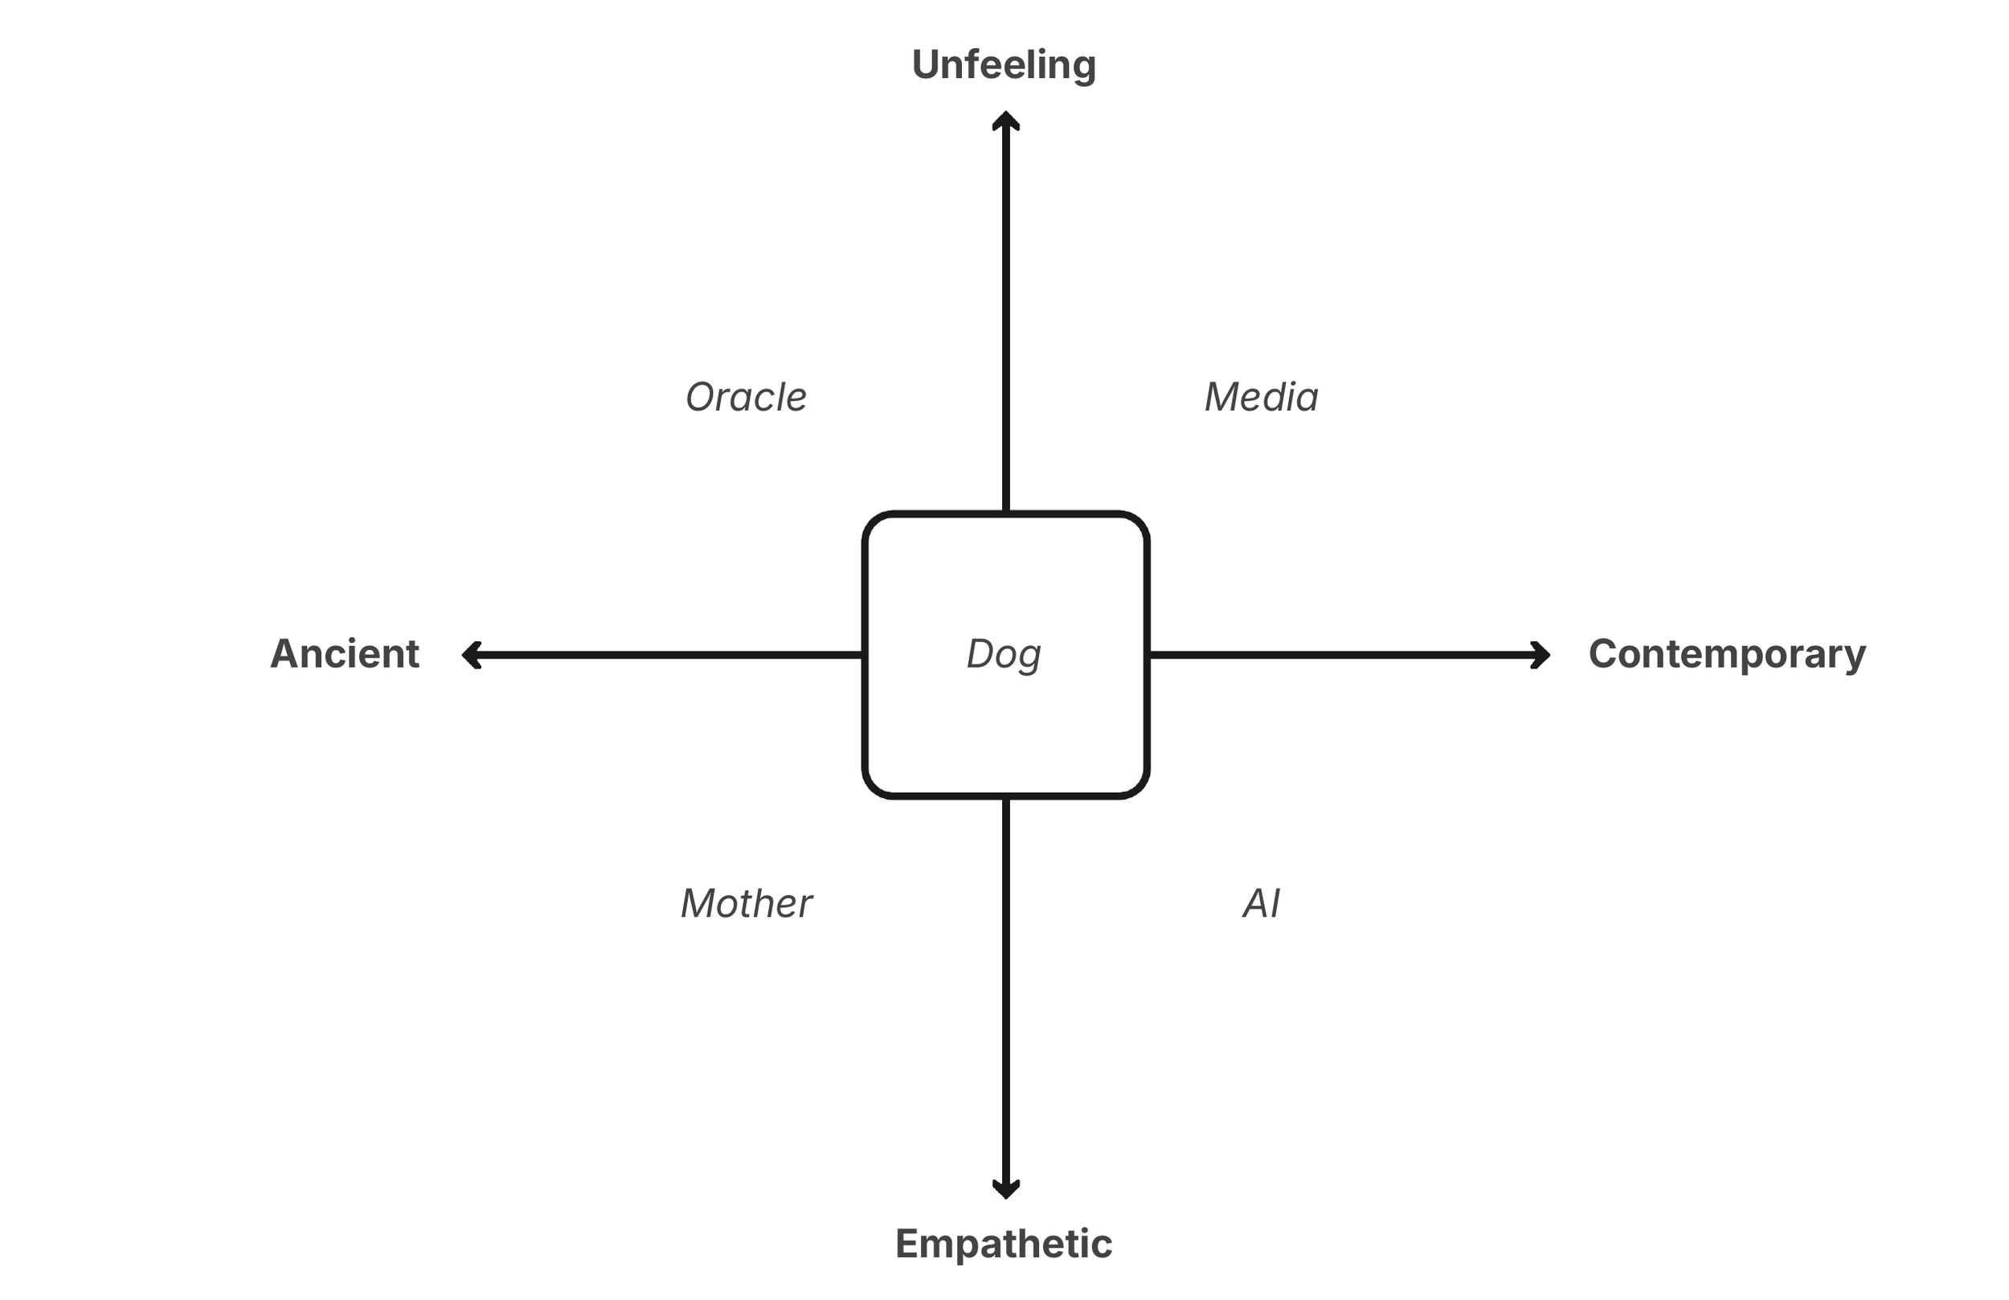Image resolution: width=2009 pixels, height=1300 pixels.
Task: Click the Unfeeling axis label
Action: pos(1004,65)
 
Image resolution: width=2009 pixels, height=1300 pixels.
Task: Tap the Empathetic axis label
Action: pos(1004,1244)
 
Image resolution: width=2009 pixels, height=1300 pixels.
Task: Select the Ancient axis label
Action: pos(345,654)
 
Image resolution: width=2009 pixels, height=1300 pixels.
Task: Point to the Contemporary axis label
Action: pos(1727,654)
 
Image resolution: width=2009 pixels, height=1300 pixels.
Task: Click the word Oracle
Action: pos(747,397)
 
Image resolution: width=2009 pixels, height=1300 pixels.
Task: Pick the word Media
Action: pos(1261,397)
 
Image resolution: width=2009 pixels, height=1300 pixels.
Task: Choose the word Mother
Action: pos(747,903)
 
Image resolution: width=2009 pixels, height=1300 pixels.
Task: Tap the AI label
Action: pos(1261,903)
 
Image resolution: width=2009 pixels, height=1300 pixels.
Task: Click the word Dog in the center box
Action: pos(1004,654)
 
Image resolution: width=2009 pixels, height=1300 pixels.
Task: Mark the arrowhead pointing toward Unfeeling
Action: pos(1005,120)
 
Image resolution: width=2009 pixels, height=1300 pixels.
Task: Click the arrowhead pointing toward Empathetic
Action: pos(1005,1189)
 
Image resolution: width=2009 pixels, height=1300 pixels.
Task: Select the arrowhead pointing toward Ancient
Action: pos(471,655)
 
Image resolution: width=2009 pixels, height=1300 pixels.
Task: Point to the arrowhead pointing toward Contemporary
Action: pos(1541,655)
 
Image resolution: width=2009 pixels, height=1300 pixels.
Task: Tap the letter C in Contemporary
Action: pos(1604,654)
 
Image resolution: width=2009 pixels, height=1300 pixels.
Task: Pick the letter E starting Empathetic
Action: pos(908,1244)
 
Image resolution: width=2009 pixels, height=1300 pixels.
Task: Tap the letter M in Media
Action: pos(1222,397)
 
